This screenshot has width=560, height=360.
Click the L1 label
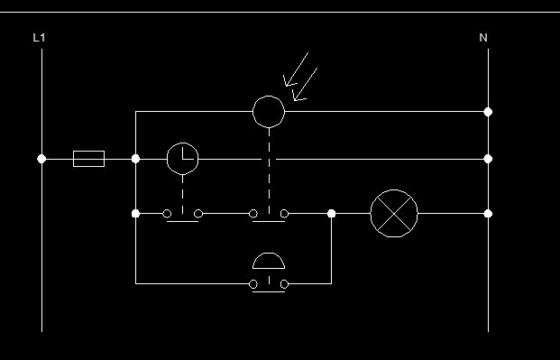(39, 38)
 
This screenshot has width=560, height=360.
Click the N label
(483, 38)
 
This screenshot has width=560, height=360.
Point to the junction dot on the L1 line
(41, 159)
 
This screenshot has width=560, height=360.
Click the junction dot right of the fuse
(135, 159)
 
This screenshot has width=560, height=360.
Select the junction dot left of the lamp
(332, 214)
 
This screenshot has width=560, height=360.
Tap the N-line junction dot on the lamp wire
(488, 214)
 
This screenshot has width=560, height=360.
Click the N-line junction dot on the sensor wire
(488, 112)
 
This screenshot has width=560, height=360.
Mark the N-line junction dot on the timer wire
(488, 159)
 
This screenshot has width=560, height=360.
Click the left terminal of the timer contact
(167, 214)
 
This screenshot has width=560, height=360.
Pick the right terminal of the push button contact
(284, 284)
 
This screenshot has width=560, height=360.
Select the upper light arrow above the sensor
(296, 69)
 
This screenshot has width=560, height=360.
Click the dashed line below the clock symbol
(182, 194)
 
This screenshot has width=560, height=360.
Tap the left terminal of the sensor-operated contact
(252, 214)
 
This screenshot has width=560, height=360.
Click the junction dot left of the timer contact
(135, 214)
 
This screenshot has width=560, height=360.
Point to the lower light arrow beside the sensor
(305, 85)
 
